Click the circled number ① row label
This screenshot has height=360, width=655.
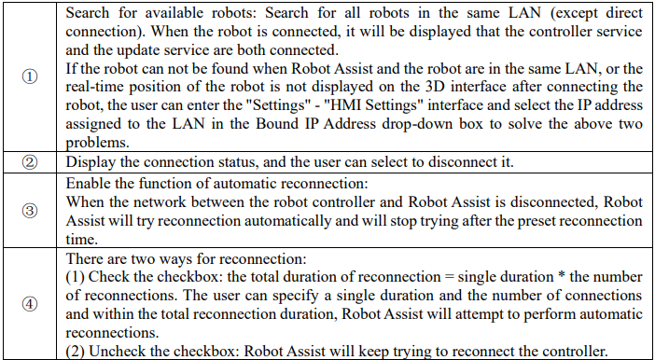tap(29, 77)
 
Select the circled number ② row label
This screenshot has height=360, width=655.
tap(29, 162)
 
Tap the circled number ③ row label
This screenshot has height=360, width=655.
tap(29, 211)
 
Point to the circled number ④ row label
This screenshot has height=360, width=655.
tap(29, 304)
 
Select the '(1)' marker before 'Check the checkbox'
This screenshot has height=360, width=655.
tap(75, 277)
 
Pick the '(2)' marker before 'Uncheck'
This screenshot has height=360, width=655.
tap(75, 352)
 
